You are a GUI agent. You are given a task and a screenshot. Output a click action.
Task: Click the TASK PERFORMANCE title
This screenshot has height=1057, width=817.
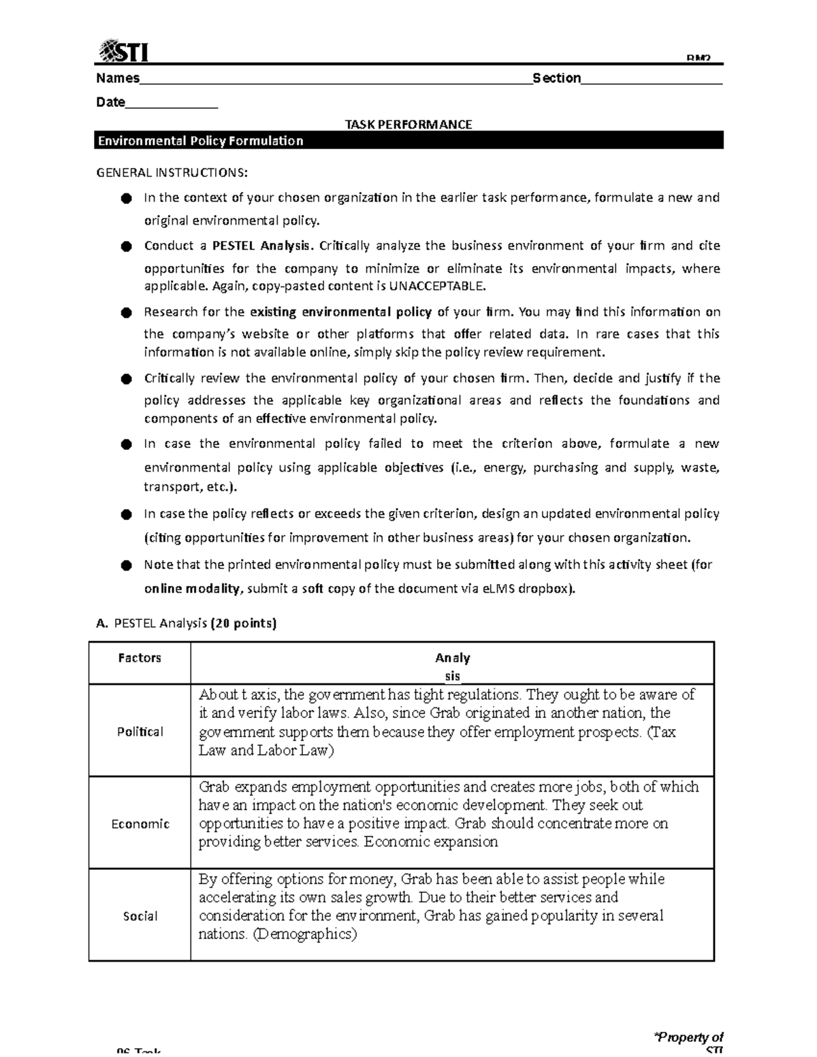[x=408, y=125]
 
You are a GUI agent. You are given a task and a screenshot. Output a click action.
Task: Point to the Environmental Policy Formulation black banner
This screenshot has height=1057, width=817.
[x=408, y=141]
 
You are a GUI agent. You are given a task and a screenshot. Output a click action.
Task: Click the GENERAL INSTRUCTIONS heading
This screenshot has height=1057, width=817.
[x=172, y=172]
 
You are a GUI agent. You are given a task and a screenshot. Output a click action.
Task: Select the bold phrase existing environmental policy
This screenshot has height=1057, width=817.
[x=340, y=312]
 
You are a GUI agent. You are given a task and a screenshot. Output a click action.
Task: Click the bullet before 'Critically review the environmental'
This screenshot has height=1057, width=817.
[x=125, y=378]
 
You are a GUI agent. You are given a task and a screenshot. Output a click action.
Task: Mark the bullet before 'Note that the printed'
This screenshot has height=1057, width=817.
[x=125, y=565]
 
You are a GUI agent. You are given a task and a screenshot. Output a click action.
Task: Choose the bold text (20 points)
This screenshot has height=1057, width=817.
[x=244, y=623]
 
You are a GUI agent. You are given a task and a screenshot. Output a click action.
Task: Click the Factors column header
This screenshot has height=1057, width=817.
[x=140, y=658]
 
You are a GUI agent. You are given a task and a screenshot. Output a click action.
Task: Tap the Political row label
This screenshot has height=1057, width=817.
[x=140, y=732]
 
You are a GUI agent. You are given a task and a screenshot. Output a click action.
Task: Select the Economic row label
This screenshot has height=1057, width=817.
[x=140, y=824]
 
